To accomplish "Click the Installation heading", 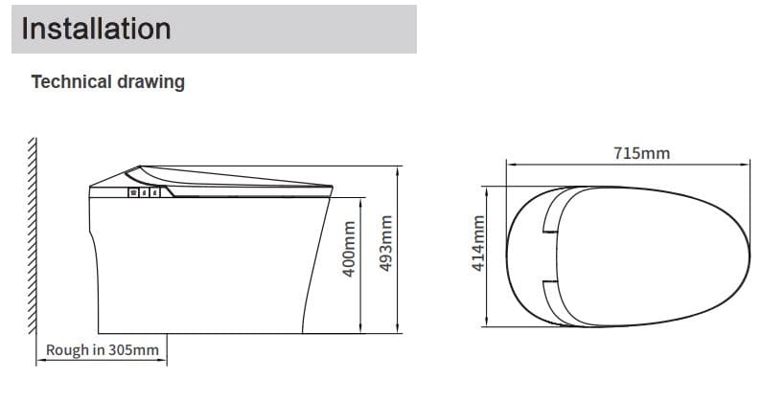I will (x=96, y=28).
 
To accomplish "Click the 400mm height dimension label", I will (x=351, y=251).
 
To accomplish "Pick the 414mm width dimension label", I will (x=477, y=246).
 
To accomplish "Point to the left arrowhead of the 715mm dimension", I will (x=510, y=165).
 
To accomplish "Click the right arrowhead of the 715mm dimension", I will (x=747, y=165).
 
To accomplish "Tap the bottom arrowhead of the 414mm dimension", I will (x=490, y=324).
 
